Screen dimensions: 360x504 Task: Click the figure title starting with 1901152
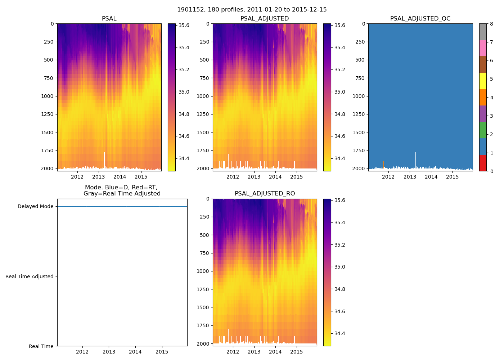click(252, 10)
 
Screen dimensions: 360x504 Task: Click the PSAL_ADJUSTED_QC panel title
click(420, 19)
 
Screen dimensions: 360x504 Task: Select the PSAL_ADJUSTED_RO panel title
click(265, 194)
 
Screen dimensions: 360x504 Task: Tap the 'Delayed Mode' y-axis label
click(35, 207)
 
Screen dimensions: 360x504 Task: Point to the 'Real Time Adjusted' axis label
click(30, 276)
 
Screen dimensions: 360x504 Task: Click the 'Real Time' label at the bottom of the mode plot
click(41, 346)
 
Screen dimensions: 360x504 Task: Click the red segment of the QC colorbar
click(483, 163)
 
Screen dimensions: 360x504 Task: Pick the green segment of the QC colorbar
click(483, 130)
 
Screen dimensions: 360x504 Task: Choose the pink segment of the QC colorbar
click(483, 48)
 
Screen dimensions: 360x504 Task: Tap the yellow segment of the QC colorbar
click(483, 81)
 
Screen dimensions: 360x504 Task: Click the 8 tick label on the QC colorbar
click(491, 24)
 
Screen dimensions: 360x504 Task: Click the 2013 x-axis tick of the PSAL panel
click(98, 177)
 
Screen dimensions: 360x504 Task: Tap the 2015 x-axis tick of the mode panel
click(162, 352)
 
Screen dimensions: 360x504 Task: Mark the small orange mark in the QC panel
click(384, 164)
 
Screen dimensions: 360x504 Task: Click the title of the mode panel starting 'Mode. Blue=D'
click(122, 190)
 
